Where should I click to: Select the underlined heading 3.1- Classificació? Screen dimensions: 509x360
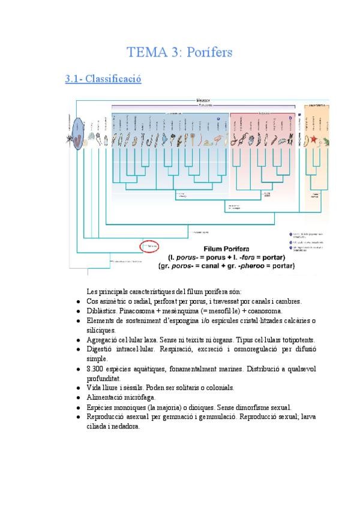pyautogui.click(x=103, y=79)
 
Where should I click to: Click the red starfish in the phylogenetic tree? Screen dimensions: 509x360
pyautogui.click(x=313, y=140)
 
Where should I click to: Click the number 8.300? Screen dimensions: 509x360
pyautogui.click(x=96, y=369)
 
